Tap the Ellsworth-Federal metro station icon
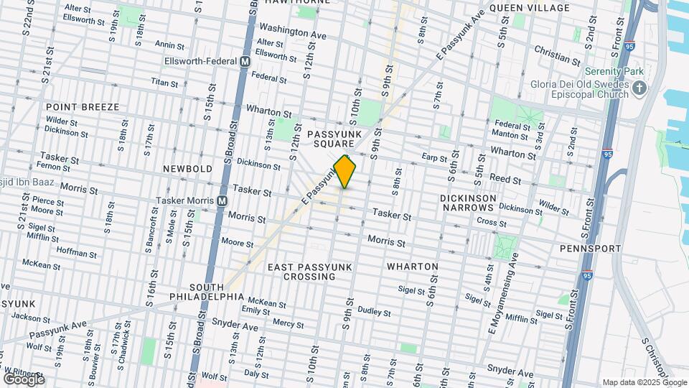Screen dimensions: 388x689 point(245,62)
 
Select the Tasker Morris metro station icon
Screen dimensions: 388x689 point(222,200)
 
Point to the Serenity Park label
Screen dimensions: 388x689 point(614,72)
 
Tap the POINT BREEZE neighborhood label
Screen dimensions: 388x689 point(83,107)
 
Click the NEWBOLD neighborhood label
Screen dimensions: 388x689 point(187,168)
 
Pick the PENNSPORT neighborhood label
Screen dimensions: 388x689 point(590,249)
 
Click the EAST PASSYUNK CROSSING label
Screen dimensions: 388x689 point(310,272)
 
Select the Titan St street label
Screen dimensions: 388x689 point(164,83)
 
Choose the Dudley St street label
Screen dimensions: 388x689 point(374,312)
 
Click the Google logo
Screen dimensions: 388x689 point(24,379)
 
